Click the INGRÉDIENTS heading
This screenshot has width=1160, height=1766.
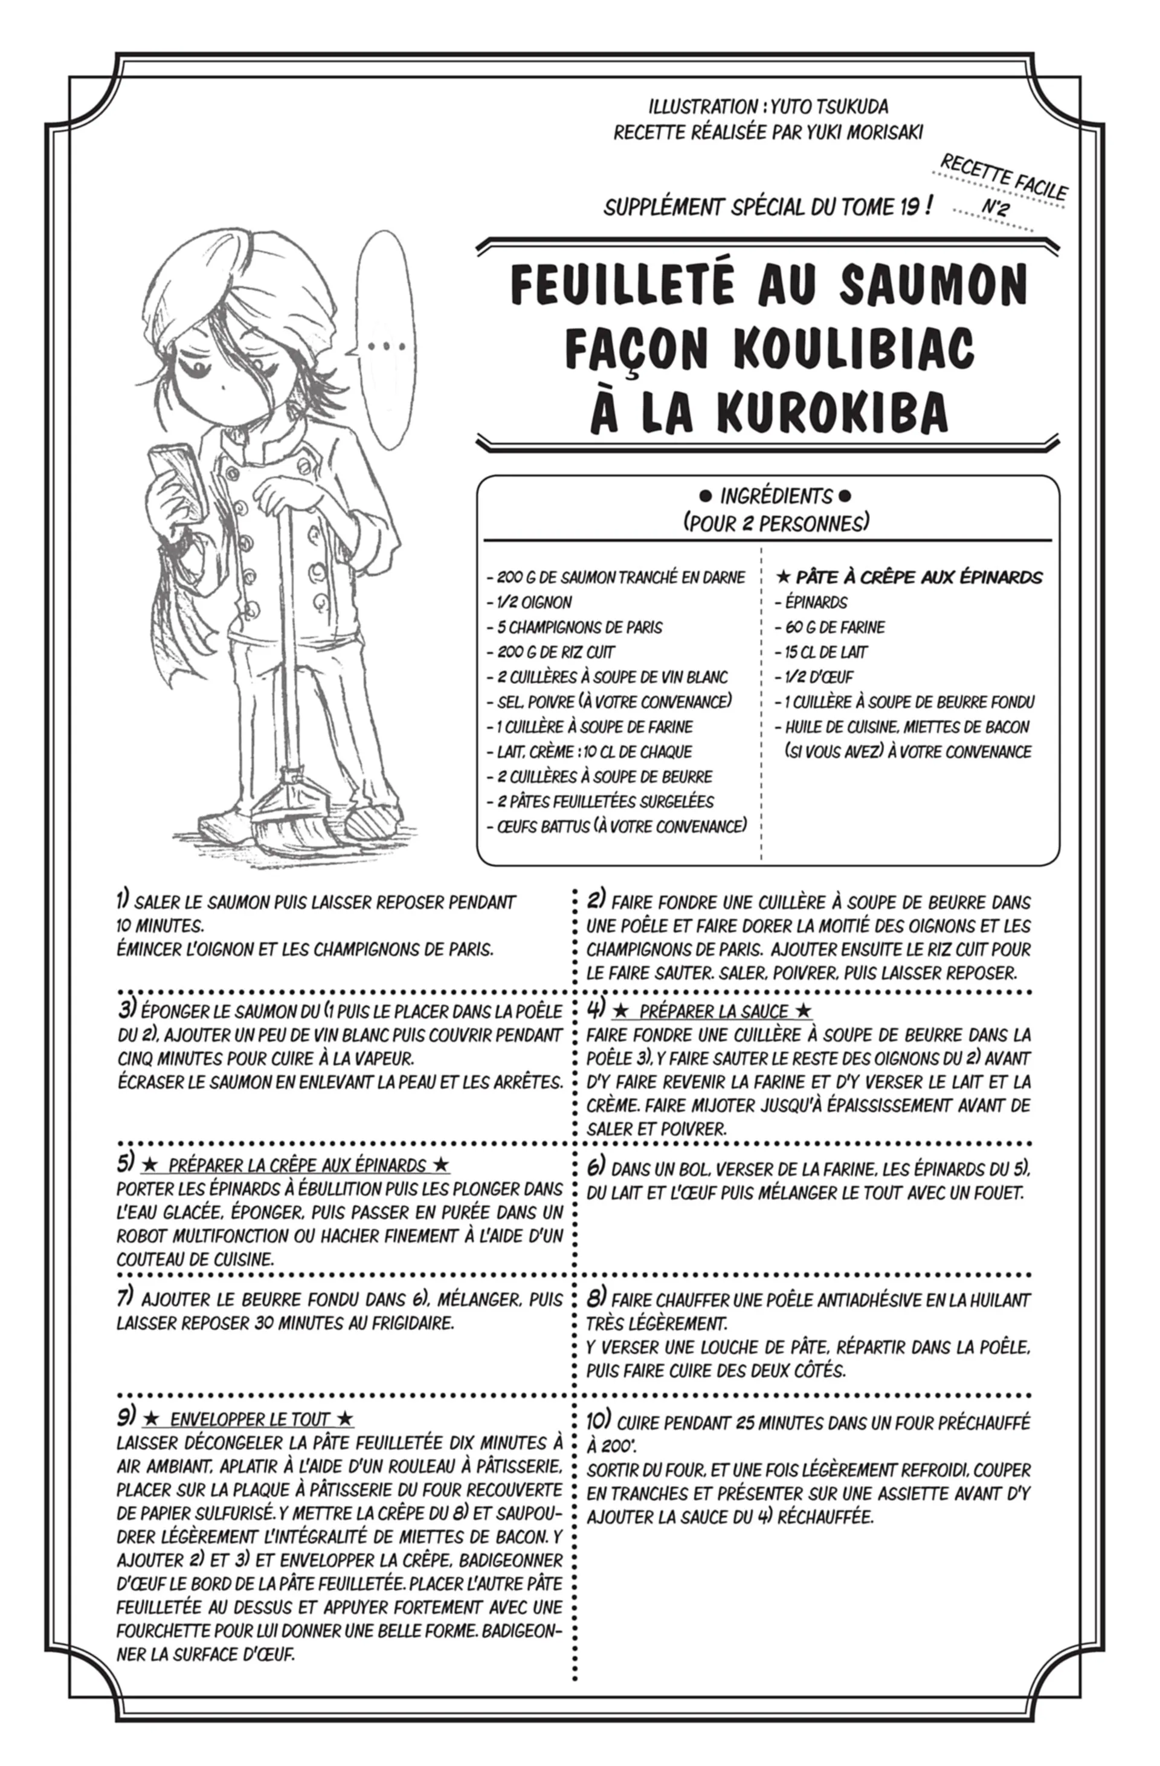tap(776, 495)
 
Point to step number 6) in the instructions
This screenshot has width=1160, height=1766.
tap(596, 1167)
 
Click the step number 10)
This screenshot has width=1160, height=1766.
tap(598, 1421)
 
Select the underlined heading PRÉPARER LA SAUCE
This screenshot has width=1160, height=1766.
tap(713, 1011)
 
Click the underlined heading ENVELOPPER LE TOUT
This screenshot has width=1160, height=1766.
tap(250, 1419)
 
